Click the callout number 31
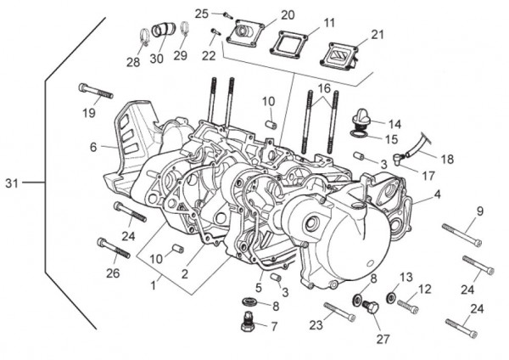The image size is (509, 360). click(x=11, y=183)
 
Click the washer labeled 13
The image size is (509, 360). click(x=391, y=298)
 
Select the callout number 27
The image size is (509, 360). click(x=383, y=339)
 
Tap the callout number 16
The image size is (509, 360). click(x=324, y=89)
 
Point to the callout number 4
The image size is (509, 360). click(x=437, y=194)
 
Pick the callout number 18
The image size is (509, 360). click(x=446, y=158)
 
